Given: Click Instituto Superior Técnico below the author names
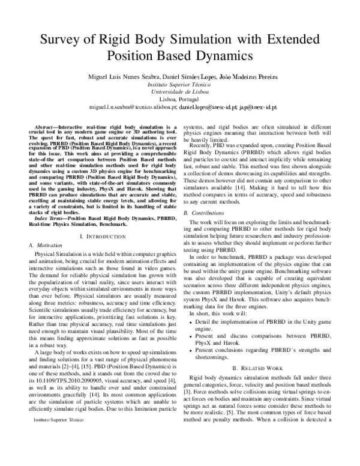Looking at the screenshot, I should (x=179, y=87).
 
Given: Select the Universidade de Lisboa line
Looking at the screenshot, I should (x=179, y=94).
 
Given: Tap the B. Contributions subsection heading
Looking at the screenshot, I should (x=206, y=196).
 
